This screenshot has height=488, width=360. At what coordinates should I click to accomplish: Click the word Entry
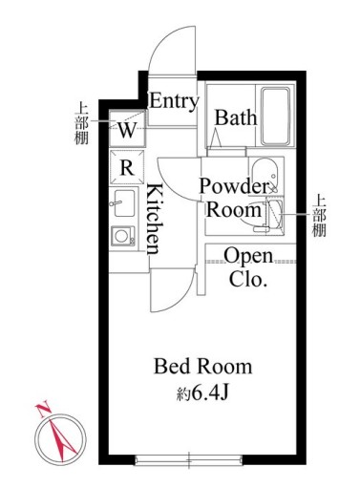click(174, 101)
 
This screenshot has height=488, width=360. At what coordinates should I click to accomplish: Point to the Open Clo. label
click(248, 267)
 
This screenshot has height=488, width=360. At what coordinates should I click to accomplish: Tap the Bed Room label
click(203, 366)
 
